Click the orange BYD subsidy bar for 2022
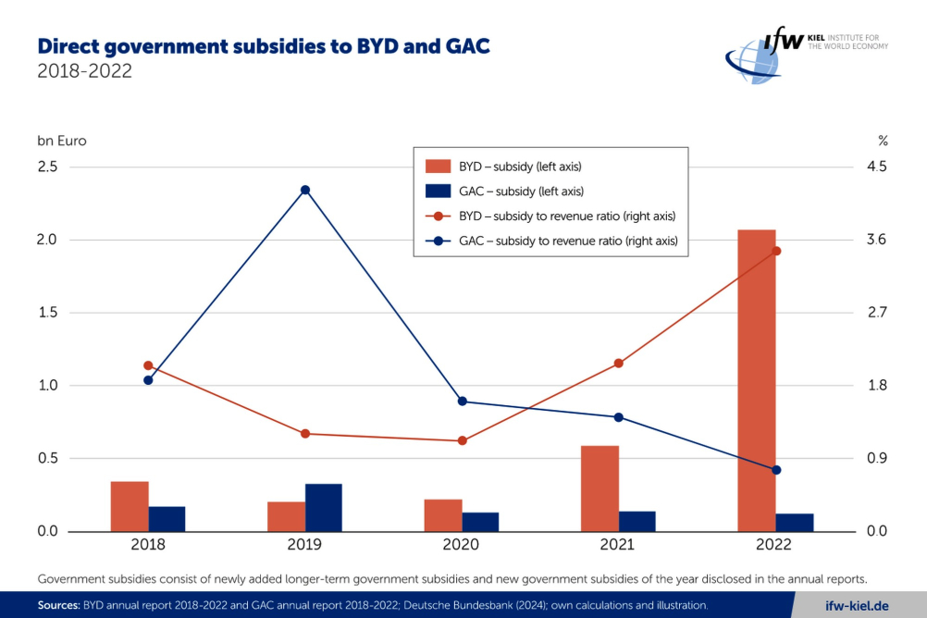[x=757, y=380]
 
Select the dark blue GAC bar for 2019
[x=324, y=507]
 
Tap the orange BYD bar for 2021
[x=600, y=488]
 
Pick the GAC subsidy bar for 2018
[x=167, y=519]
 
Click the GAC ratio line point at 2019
[x=305, y=190]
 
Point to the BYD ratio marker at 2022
[x=776, y=251]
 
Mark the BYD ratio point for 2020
[x=463, y=440]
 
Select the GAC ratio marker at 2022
[x=776, y=470]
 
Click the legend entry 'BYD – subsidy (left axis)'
[x=503, y=167]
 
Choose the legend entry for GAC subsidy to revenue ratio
[x=551, y=241]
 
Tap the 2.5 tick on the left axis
[x=47, y=167]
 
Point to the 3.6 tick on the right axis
[x=877, y=240]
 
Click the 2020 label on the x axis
[x=461, y=544]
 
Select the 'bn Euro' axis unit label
[x=62, y=141]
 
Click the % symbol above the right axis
[x=883, y=141]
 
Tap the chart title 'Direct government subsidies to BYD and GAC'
[x=264, y=46]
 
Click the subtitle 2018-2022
[x=84, y=71]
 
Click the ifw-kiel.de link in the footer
[x=857, y=606]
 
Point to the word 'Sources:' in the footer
[x=58, y=605]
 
